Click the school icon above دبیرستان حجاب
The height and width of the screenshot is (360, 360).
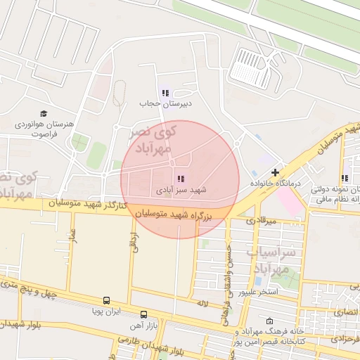[165, 92]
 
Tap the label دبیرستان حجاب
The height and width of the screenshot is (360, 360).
[165, 104]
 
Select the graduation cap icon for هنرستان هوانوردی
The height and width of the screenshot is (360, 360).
[44, 114]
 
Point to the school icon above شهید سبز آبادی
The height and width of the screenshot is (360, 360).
[181, 179]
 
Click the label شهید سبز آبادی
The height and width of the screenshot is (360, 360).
[181, 191]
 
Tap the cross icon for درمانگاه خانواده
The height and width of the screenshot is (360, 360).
[275, 172]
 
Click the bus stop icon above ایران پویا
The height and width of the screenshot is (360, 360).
[106, 300]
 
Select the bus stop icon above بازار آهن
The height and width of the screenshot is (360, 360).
[144, 314]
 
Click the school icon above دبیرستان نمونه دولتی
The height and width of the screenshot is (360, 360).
[345, 179]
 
